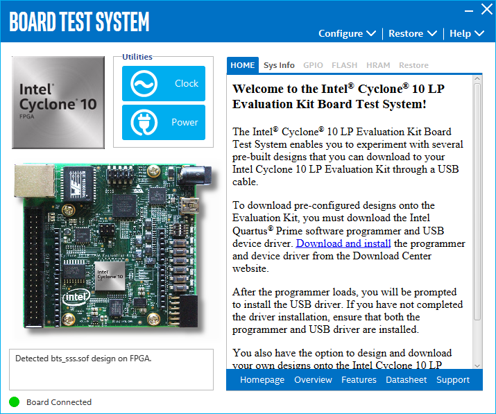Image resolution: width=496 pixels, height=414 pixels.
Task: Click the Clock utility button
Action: [164, 84]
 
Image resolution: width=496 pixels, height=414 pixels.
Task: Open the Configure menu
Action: [347, 33]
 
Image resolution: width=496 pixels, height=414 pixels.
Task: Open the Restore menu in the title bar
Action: [412, 33]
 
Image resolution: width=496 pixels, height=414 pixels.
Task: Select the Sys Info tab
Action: [279, 65]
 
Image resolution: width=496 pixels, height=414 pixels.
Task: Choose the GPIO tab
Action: [313, 65]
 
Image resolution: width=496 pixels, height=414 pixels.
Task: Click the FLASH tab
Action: [345, 65]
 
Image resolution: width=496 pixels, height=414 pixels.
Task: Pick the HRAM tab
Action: [378, 65]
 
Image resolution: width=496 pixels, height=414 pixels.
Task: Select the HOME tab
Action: [243, 65]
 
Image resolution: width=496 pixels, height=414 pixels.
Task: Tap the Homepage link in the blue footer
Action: [262, 380]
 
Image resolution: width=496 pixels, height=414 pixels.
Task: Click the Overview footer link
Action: [313, 380]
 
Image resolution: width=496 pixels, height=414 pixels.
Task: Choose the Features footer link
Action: [359, 380]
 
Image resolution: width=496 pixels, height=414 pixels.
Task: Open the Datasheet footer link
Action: [406, 380]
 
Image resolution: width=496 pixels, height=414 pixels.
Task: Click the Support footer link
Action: [453, 380]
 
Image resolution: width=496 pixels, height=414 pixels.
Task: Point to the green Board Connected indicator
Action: [15, 402]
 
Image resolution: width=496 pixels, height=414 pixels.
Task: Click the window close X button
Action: [486, 10]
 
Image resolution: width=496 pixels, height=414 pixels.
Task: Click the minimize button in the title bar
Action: [466, 10]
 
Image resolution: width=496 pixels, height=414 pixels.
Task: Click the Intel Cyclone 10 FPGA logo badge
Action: [58, 103]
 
